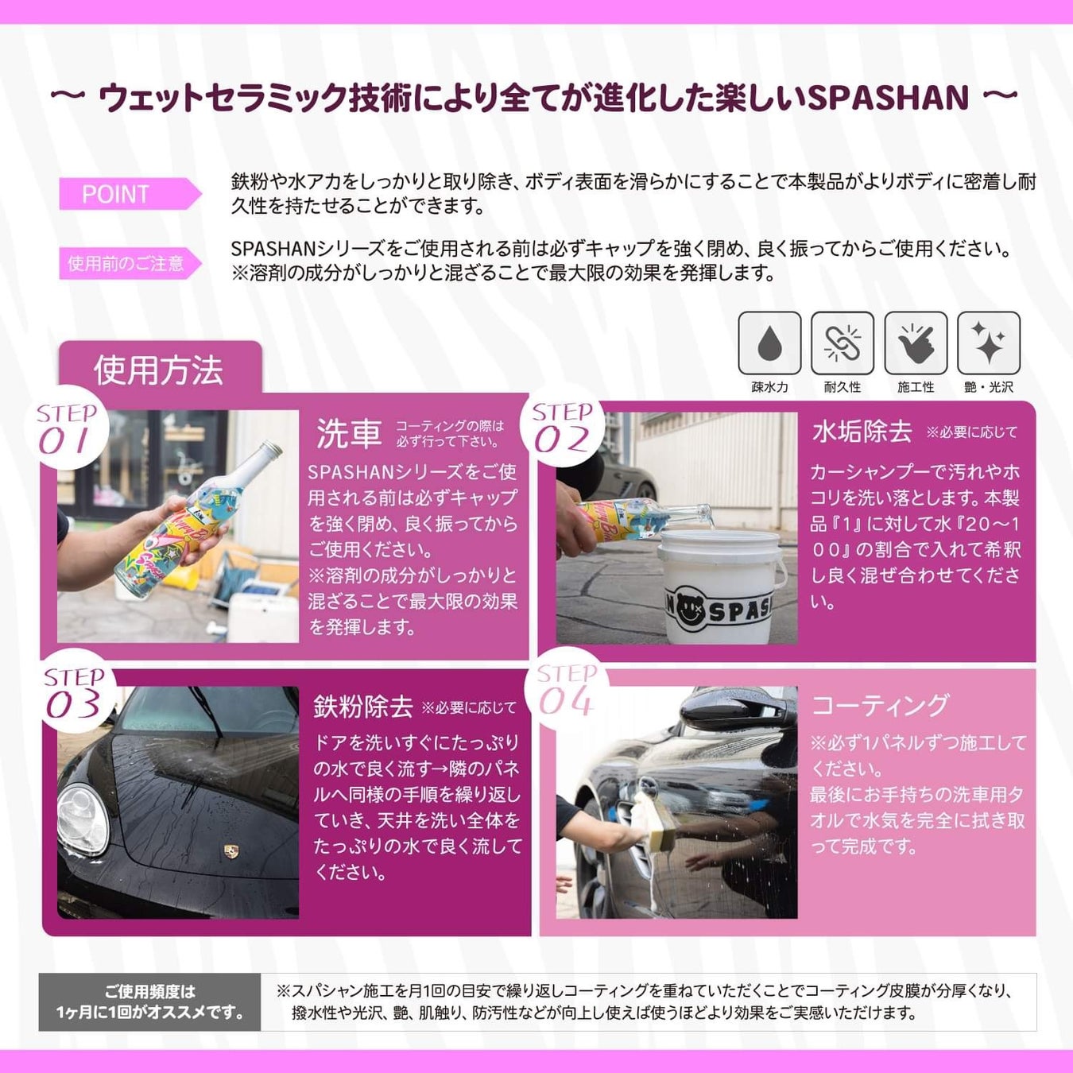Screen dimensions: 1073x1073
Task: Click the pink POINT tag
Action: [130, 194]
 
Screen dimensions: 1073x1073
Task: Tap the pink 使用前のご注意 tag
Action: [130, 263]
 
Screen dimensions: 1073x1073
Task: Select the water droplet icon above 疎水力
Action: [769, 343]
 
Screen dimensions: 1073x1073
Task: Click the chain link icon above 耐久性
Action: [843, 343]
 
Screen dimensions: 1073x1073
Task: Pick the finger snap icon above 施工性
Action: [916, 343]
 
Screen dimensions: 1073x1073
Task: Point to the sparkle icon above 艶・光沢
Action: [989, 343]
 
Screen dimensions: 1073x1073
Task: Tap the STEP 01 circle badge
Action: [67, 428]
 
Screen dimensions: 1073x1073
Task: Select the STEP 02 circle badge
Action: [563, 425]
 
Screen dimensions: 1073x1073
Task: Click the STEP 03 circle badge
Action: [74, 691]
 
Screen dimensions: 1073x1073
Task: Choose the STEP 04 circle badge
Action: [566, 689]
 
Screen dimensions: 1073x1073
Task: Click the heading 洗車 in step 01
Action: [349, 433]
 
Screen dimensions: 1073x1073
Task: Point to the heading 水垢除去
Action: [862, 432]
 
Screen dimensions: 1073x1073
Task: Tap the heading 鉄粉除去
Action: [363, 707]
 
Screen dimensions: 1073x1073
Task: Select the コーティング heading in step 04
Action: [880, 705]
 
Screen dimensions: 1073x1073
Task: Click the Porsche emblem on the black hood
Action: [231, 851]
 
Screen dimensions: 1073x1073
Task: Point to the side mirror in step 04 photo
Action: [730, 711]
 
